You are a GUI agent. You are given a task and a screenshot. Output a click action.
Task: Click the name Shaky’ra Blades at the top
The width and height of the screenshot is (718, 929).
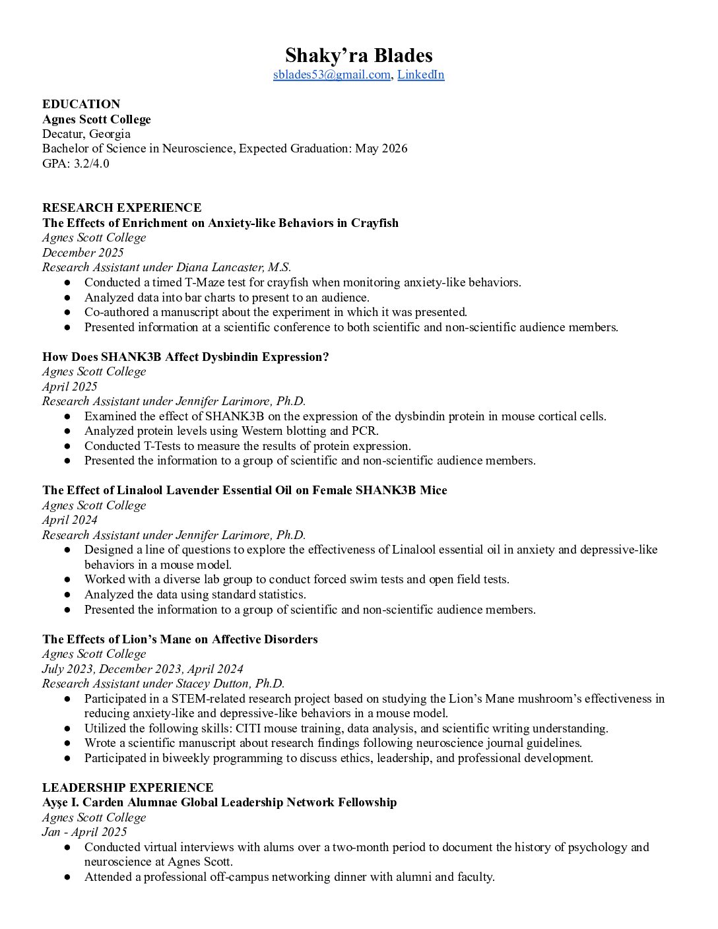coord(358,55)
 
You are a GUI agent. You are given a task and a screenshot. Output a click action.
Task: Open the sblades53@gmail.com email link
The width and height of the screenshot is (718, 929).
coord(331,75)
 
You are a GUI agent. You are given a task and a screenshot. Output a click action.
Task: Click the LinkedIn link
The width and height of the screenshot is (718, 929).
coord(420,75)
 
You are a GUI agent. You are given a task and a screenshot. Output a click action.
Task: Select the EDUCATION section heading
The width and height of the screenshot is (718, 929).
coord(81,104)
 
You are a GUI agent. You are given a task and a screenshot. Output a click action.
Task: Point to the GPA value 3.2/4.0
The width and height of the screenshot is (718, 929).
coord(92,164)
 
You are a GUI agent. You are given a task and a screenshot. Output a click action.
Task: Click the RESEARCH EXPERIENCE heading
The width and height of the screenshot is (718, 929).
coord(121,208)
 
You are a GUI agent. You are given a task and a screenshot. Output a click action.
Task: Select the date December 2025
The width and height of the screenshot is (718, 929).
coord(82,253)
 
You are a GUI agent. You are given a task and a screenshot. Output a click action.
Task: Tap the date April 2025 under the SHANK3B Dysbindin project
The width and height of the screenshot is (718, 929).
coord(69,387)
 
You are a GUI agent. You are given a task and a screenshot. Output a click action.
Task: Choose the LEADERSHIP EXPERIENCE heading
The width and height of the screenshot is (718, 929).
coord(127,788)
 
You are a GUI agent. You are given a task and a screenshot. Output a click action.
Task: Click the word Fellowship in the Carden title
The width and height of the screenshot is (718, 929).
coord(367,802)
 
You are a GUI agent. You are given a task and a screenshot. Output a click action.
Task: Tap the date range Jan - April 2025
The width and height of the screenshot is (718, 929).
coord(84,832)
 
